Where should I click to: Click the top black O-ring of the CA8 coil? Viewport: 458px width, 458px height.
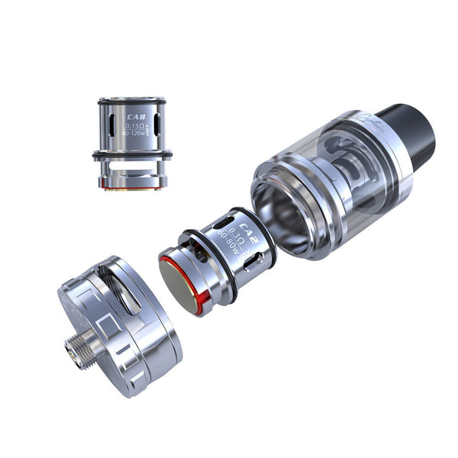coord(132,100)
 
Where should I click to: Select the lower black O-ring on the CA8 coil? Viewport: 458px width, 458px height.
coord(132,156)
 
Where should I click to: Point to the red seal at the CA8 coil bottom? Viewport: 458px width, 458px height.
coord(131,186)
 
